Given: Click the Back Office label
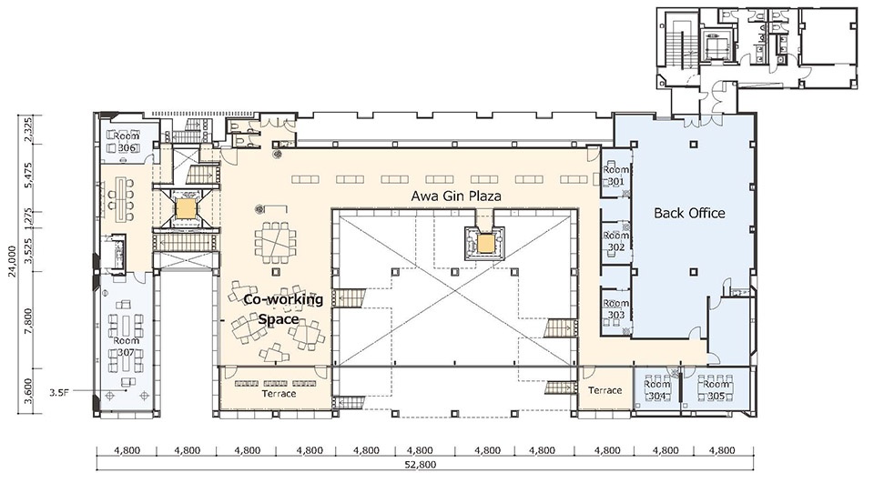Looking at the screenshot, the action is tap(689, 213).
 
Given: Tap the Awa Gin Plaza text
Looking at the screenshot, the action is tap(456, 196).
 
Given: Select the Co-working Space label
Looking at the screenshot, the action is tap(282, 309).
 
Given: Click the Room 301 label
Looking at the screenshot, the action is tap(616, 176).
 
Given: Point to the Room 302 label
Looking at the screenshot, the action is tap(616, 241).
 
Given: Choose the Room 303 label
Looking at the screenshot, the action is tap(616, 309).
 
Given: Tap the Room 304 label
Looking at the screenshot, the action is tap(657, 390).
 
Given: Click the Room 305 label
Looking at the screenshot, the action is tap(716, 390).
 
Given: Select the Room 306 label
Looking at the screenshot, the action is tap(127, 142).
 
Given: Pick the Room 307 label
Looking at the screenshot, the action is tap(126, 346).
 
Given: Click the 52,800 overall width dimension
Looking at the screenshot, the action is tap(424, 465).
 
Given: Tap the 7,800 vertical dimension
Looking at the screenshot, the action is tap(29, 319).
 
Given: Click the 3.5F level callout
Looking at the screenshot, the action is tap(58, 393).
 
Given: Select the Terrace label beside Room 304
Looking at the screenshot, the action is tap(605, 390).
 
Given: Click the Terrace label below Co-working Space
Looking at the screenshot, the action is tap(279, 394).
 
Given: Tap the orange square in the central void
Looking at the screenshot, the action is tap(485, 243).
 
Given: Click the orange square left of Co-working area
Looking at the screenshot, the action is tap(184, 209).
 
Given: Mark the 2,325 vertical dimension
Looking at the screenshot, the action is tap(29, 129).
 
